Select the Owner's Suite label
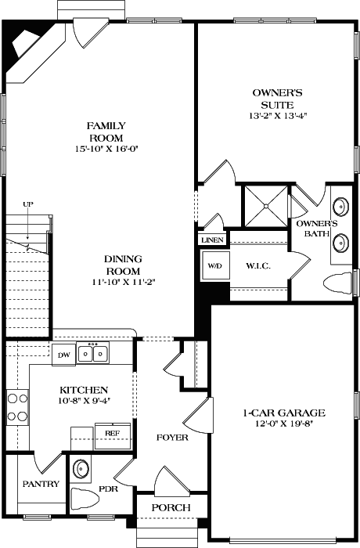272,97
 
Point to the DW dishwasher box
63,355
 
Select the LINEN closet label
212,240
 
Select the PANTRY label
41,484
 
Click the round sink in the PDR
81,470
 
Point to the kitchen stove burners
17,408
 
